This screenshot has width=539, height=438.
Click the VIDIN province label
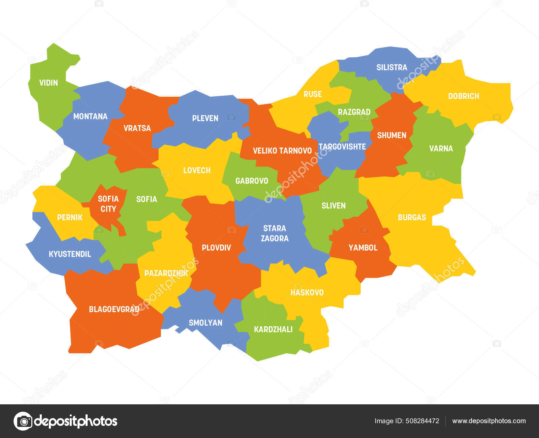click(x=49, y=83)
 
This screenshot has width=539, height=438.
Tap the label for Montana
click(x=90, y=117)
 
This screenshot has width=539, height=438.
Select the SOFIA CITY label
click(x=108, y=204)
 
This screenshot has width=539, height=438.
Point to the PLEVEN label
click(x=205, y=118)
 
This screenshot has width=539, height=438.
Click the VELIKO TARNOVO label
click(x=282, y=151)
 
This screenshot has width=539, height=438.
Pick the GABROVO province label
click(x=252, y=181)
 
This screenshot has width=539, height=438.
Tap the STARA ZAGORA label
click(x=275, y=233)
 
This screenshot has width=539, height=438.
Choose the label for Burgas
click(x=412, y=217)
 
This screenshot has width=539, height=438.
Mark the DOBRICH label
click(x=464, y=96)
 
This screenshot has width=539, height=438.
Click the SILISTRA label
click(x=392, y=67)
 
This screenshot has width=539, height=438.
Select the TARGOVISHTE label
click(x=342, y=147)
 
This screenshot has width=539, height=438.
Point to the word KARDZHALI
click(x=273, y=330)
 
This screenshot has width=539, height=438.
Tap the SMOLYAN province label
click(x=205, y=323)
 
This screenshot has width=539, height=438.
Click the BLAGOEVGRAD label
click(x=114, y=309)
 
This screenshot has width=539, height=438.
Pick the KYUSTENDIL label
click(x=70, y=254)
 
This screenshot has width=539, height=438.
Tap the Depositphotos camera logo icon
click(x=23, y=421)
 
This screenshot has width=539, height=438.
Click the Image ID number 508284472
click(x=422, y=421)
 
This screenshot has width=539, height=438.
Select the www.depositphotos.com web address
click(x=489, y=421)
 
